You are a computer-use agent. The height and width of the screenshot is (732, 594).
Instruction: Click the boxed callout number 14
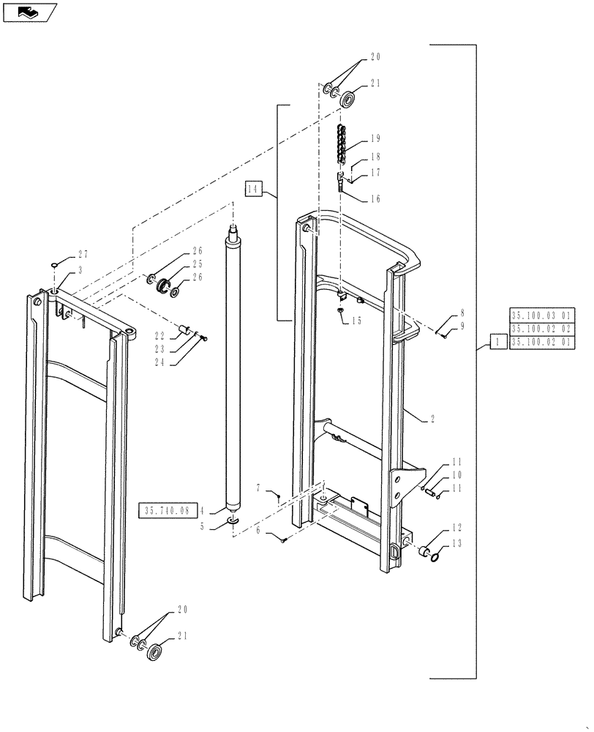253,189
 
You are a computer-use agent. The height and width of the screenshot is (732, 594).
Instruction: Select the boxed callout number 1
497,341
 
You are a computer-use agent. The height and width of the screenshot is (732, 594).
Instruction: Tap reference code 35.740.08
167,509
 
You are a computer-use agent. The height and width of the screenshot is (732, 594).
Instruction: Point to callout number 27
83,254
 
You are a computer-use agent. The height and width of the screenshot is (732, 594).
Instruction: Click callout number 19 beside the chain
375,138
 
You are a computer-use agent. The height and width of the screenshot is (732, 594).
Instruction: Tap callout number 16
375,198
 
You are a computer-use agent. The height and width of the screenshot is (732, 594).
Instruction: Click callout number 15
356,321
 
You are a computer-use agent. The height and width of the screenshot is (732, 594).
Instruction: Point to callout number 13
456,542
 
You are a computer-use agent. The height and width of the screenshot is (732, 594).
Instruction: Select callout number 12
456,527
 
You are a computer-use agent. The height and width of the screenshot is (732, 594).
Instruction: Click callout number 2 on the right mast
433,419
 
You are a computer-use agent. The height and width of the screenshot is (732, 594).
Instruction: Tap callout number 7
258,488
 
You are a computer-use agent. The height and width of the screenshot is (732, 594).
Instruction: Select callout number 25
198,264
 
